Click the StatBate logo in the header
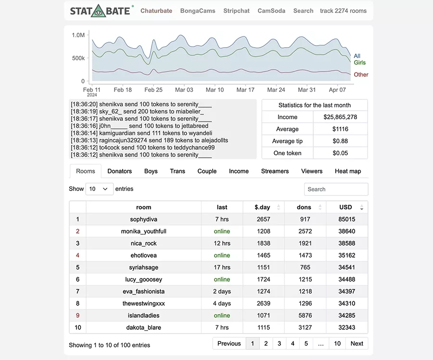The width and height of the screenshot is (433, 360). pos(101,11)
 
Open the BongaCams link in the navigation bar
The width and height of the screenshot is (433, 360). pos(198,11)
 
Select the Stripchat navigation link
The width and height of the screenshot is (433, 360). pos(236,11)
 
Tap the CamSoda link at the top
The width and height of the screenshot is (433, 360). pos(271,11)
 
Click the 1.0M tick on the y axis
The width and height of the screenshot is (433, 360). pos(78,35)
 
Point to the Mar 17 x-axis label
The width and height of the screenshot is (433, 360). pos(245,90)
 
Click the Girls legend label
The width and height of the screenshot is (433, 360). pos(360,62)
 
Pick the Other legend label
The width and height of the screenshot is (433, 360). pos(361,74)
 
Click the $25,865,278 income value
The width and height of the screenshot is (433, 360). pos(340,117)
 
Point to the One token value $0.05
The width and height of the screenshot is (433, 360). pos(340,153)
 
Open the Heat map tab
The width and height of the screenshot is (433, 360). pos(347,171)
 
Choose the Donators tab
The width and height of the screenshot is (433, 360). pos(119,171)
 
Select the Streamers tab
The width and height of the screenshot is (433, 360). pos(275,171)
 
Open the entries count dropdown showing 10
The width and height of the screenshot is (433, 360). pos(99,189)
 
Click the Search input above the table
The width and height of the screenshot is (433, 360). pos(336,189)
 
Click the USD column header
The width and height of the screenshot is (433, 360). pos(346,207)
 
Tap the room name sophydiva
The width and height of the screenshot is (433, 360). pos(143,219)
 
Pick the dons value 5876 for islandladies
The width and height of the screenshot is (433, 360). pos(305,315)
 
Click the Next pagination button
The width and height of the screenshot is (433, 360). pos(357,343)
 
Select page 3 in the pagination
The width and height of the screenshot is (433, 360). pos(279,343)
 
